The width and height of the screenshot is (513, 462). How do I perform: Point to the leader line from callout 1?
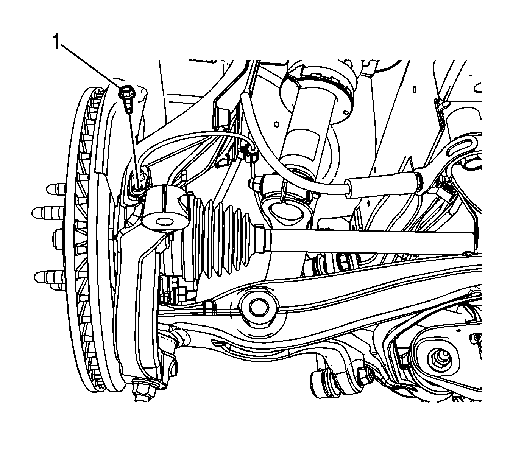(90, 65)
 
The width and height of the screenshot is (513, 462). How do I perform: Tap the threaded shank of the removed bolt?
(128, 104)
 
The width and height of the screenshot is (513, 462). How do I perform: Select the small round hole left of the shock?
(276, 124)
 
